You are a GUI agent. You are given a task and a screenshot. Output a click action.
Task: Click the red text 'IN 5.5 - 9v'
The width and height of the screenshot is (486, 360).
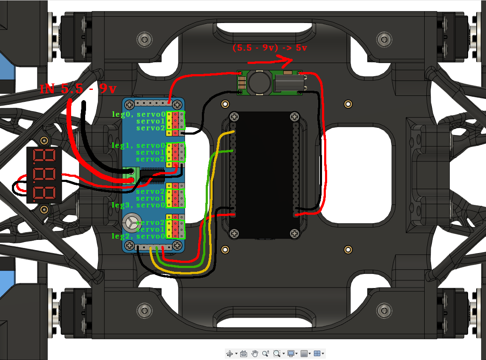[x=78, y=89]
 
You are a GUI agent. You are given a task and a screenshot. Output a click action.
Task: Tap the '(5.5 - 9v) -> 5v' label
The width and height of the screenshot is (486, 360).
[x=270, y=48]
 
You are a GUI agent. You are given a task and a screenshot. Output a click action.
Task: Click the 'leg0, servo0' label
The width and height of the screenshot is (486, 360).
[x=138, y=114]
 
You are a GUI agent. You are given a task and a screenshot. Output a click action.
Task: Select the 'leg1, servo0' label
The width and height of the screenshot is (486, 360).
[x=138, y=145]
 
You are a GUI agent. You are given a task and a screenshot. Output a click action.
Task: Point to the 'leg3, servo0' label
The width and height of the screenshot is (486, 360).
[x=138, y=205]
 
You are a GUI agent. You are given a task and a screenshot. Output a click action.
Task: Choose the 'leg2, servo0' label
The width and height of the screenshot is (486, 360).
[x=138, y=236]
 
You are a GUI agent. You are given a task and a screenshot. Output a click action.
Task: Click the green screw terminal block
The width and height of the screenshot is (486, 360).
[x=131, y=176]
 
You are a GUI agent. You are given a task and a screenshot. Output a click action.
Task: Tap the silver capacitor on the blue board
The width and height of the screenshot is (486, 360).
[x=130, y=222]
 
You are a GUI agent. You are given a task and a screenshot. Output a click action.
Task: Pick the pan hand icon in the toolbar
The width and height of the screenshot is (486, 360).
[x=255, y=353]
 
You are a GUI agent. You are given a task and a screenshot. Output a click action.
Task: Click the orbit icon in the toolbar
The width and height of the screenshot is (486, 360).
[x=230, y=353]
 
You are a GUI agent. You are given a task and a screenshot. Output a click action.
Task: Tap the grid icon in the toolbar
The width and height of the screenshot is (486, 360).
[x=304, y=353]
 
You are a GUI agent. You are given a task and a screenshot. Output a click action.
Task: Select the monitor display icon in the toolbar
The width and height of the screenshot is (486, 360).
[x=291, y=353]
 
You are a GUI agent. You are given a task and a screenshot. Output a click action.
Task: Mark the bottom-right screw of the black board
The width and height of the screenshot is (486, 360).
[x=294, y=233]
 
